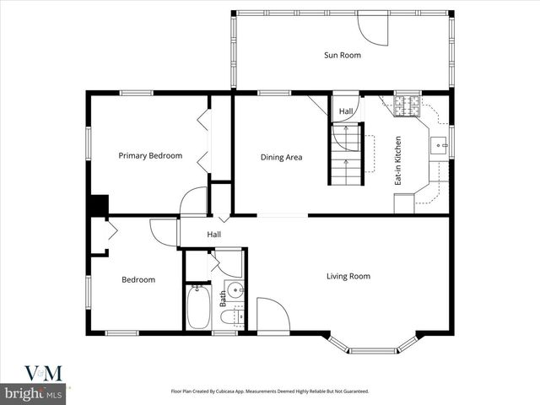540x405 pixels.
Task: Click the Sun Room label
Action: pos(343,56)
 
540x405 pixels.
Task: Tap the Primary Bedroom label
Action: pos(150,155)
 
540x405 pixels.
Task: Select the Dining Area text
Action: pos(281,157)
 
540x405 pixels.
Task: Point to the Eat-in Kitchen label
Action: pos(398,161)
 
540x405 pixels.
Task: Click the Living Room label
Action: pos(348,276)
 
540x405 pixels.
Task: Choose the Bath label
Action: pos(224,298)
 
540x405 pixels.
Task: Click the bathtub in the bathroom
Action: pos(198,308)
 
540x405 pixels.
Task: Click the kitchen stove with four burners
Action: pos(407,105)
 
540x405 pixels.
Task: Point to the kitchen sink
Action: pos(439,145)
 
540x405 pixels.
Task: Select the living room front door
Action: pos(273,315)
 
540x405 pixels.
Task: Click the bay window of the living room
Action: pos(372,346)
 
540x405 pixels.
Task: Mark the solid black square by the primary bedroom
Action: pos(98,206)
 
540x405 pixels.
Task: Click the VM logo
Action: pos(42,373)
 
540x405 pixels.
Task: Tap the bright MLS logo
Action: pos(34,393)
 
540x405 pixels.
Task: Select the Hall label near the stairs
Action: pos(346,111)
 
